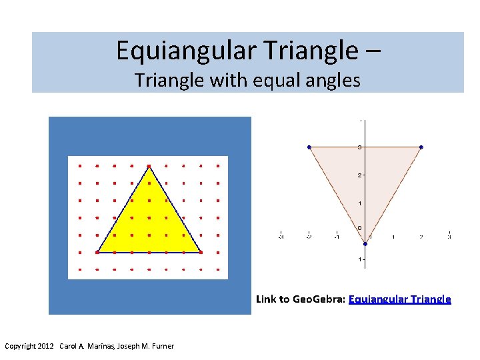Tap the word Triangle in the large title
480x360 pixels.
pyautogui.click(x=307, y=50)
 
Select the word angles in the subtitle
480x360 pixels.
pyautogui.click(x=333, y=81)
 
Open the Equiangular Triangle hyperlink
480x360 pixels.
pyautogui.click(x=399, y=299)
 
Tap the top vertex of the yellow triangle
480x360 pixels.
pyautogui.click(x=149, y=166)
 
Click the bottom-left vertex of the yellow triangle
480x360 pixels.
pyautogui.click(x=97, y=252)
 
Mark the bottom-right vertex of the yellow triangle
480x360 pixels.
pyautogui.click(x=201, y=252)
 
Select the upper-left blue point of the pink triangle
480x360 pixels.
pyautogui.click(x=309, y=147)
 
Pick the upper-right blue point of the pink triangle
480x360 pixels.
pyautogui.click(x=421, y=147)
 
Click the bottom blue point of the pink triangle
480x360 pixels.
pyautogui.click(x=365, y=243)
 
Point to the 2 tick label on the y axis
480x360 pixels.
pyautogui.click(x=359, y=175)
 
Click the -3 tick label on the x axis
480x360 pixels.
pyautogui.click(x=281, y=236)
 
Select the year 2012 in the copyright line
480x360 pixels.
pyautogui.click(x=46, y=346)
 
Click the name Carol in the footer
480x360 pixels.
pyautogui.click(x=69, y=346)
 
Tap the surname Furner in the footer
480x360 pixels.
pyautogui.click(x=162, y=346)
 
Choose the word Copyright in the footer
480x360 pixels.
pyautogui.click(x=20, y=346)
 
